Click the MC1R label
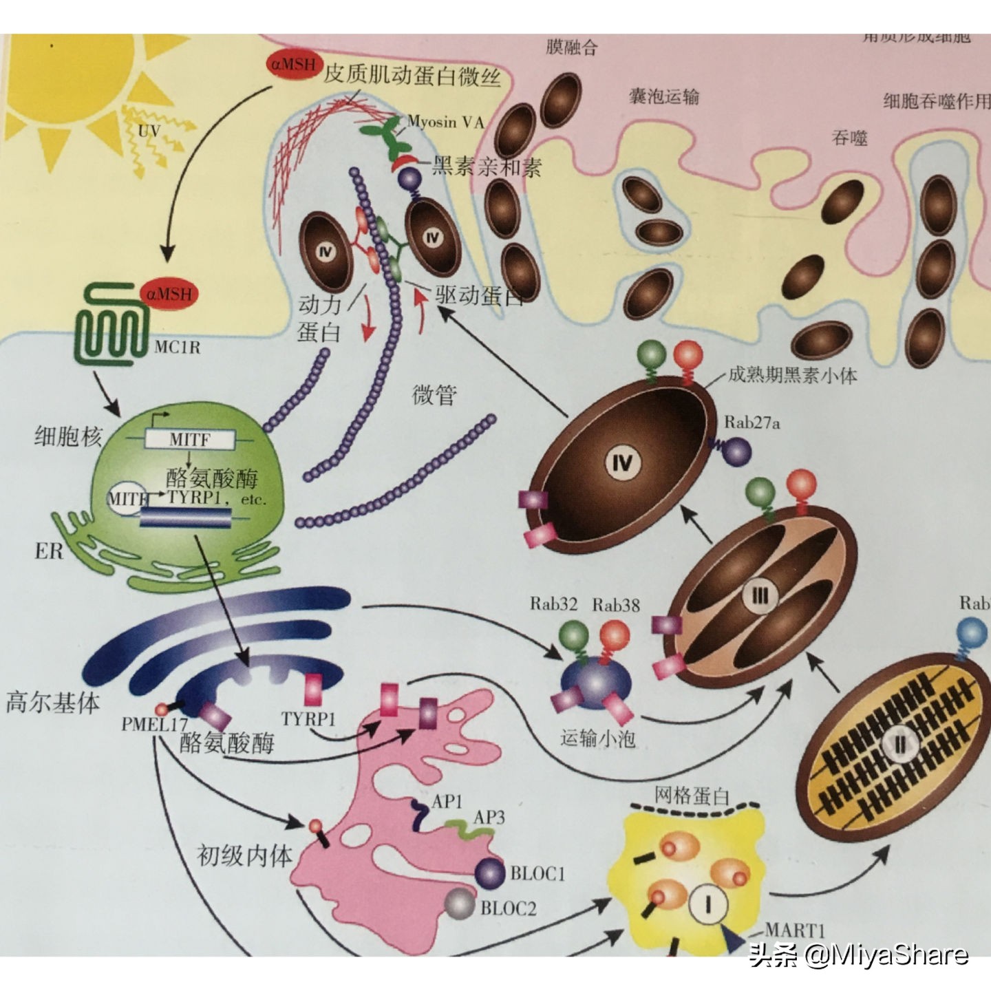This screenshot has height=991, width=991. point(177,347)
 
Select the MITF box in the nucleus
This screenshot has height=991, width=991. point(190,439)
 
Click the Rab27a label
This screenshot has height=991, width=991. point(752,423)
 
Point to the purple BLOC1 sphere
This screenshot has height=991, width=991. point(490,873)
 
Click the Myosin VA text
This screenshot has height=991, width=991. point(445,122)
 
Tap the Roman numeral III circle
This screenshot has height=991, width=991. point(760,596)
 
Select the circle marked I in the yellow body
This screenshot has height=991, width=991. point(708,903)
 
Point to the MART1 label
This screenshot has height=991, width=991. point(794,930)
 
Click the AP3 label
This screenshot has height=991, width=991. point(489,817)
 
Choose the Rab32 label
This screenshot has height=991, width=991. point(553,604)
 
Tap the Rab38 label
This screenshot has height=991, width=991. point(616,604)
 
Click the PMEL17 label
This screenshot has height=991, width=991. point(154,724)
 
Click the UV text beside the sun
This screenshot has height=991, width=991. point(149,130)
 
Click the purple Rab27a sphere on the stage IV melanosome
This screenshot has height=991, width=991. point(736,451)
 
